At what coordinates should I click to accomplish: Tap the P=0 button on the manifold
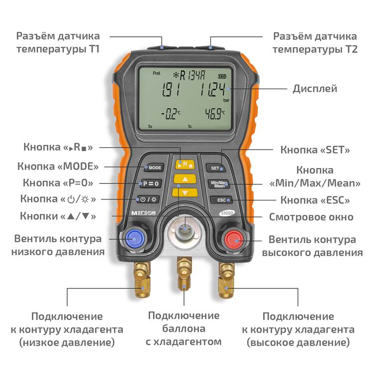coord(151,184)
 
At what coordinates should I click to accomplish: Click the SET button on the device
coord(216,168)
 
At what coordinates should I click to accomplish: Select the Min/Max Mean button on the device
coord(219,184)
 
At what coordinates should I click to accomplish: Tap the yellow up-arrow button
coord(185,179)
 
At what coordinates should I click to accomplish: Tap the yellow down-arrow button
coord(185,192)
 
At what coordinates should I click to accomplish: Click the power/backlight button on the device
coord(148,199)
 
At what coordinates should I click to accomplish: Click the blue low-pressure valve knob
coord(135,239)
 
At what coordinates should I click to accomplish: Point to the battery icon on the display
coord(222,77)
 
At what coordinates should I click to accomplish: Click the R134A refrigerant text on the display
coord(189,76)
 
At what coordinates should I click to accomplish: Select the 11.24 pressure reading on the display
coord(212,90)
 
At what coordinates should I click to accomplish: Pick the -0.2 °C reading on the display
coord(171,114)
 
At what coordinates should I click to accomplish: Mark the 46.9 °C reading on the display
coord(215,113)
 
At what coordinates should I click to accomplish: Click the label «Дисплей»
coord(315,89)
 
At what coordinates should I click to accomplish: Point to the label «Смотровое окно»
coord(311,217)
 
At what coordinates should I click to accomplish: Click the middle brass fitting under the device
coord(185,273)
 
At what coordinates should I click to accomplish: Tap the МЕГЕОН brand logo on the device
coord(144,213)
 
